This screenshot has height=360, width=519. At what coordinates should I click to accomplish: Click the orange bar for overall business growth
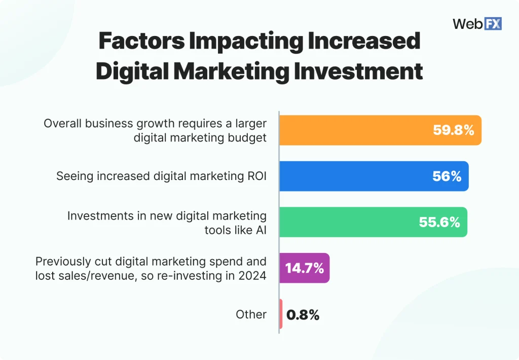tap(355, 130)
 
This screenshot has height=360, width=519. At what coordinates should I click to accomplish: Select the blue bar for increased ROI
tap(355, 176)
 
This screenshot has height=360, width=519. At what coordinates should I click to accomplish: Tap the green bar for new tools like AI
tap(355, 222)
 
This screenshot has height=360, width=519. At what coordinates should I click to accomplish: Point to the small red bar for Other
tap(281, 314)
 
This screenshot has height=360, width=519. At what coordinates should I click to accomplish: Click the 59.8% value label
tap(453, 130)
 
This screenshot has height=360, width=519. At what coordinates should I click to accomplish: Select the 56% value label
tap(447, 176)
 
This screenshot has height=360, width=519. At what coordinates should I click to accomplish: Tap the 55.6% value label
tap(439, 222)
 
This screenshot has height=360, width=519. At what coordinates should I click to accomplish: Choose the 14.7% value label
tap(304, 268)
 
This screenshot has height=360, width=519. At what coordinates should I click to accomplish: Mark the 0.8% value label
tap(303, 315)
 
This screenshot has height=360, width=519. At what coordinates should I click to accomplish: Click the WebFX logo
tap(476, 23)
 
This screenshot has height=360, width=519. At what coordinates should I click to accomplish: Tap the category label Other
tap(251, 314)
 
